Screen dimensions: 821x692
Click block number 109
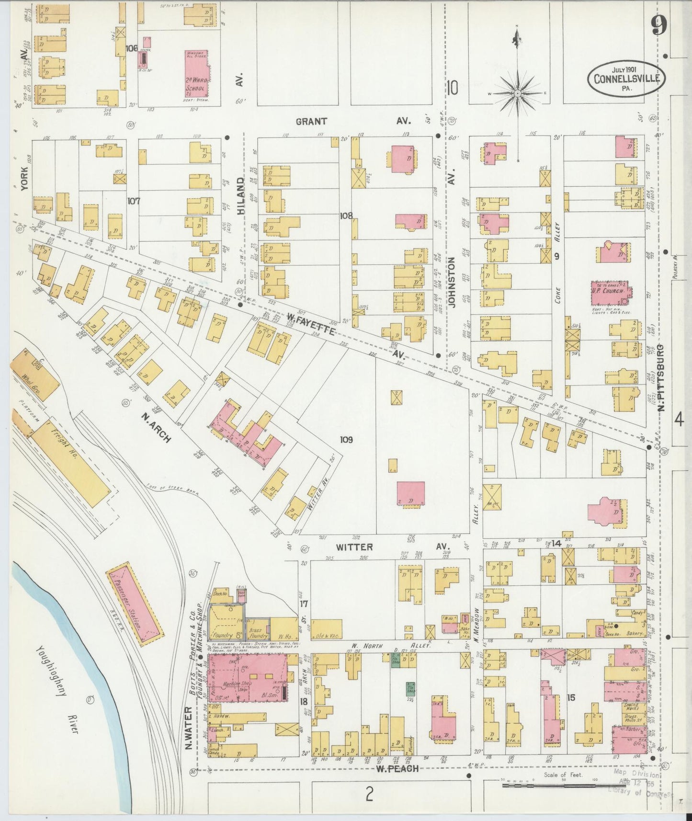tap(346, 439)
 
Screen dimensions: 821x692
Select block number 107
tap(133, 201)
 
